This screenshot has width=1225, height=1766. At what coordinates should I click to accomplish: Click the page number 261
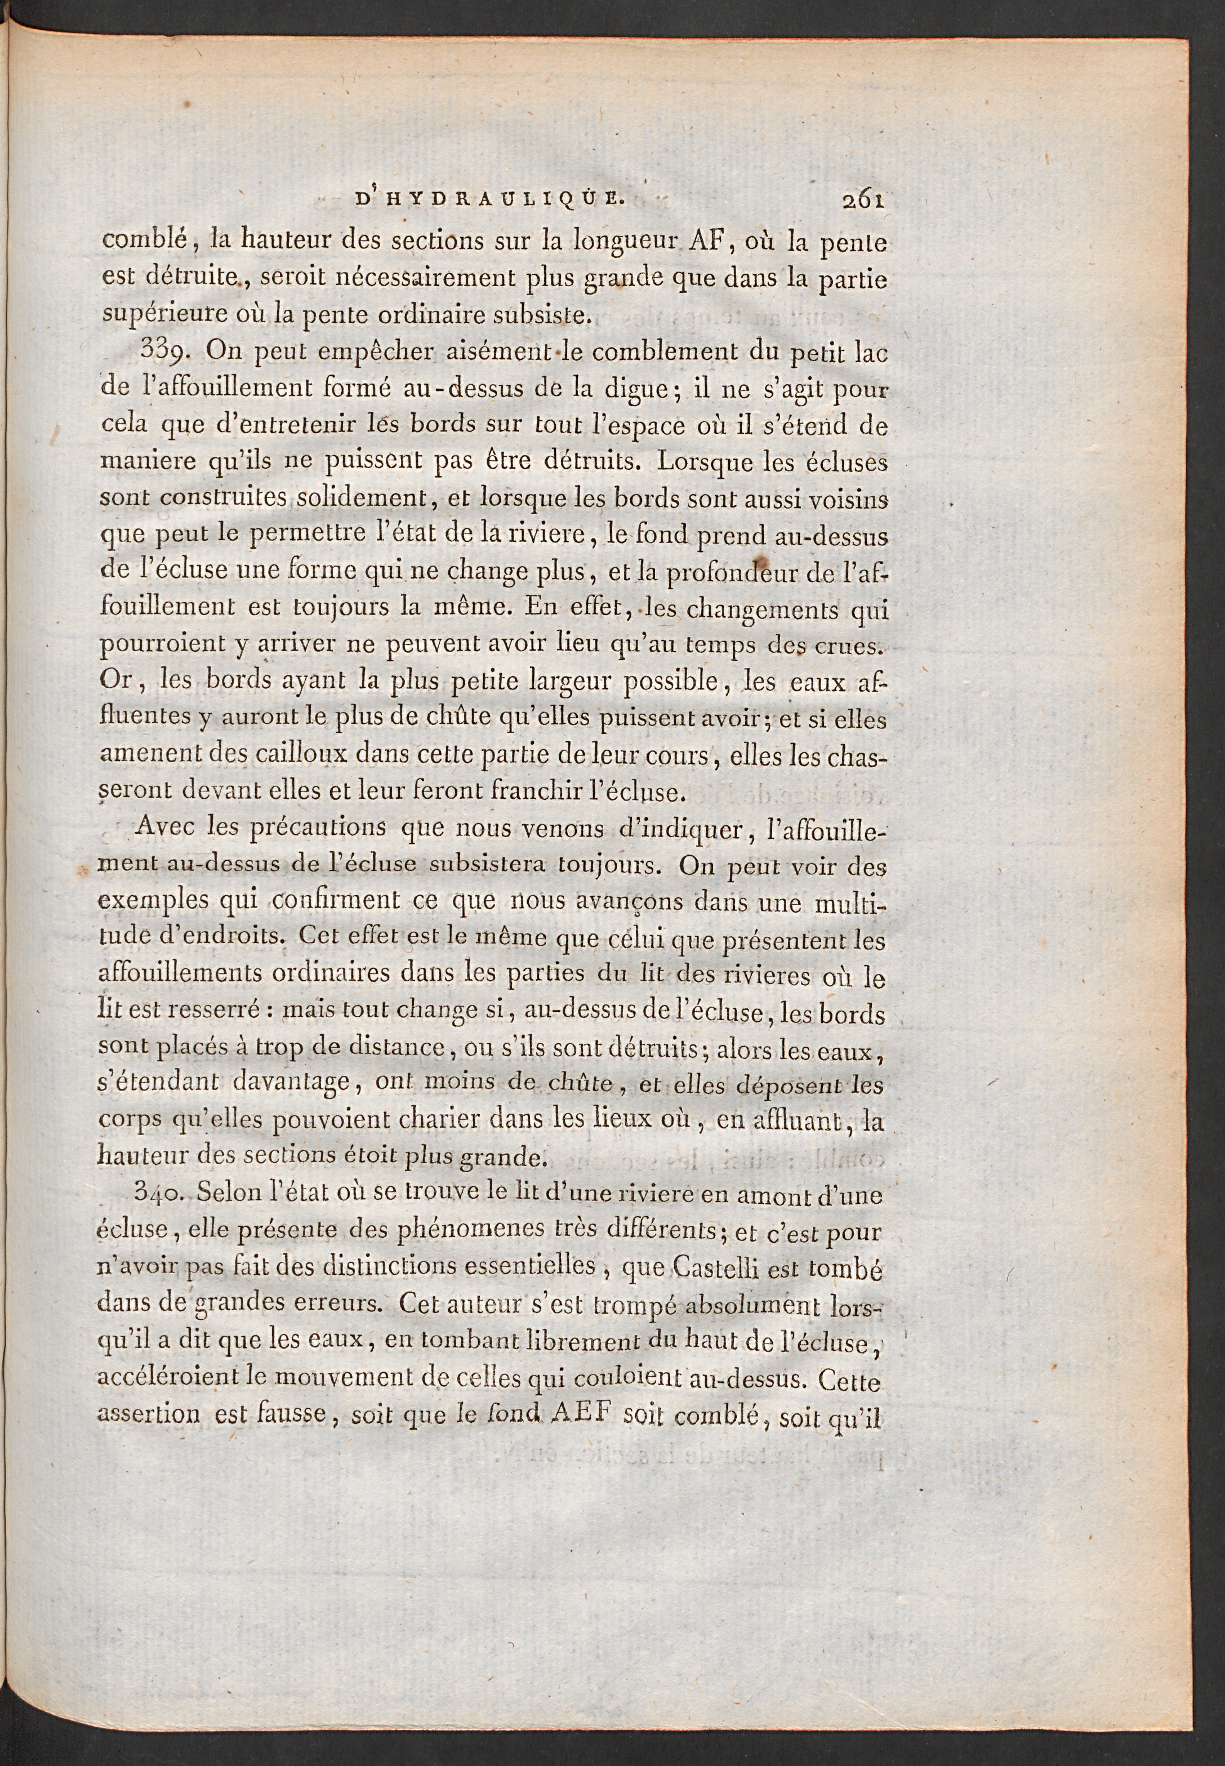[863, 201]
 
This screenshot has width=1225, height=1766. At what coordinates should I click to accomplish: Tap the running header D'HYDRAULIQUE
[489, 201]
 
